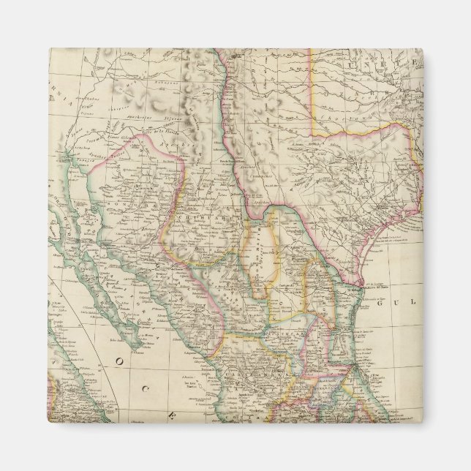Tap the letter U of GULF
point(399,309)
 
